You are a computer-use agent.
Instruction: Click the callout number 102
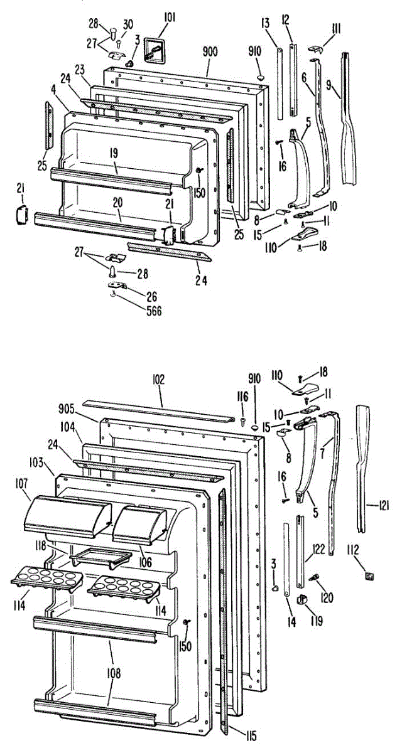coord(158,378)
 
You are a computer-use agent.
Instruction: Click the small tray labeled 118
coord(100,556)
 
